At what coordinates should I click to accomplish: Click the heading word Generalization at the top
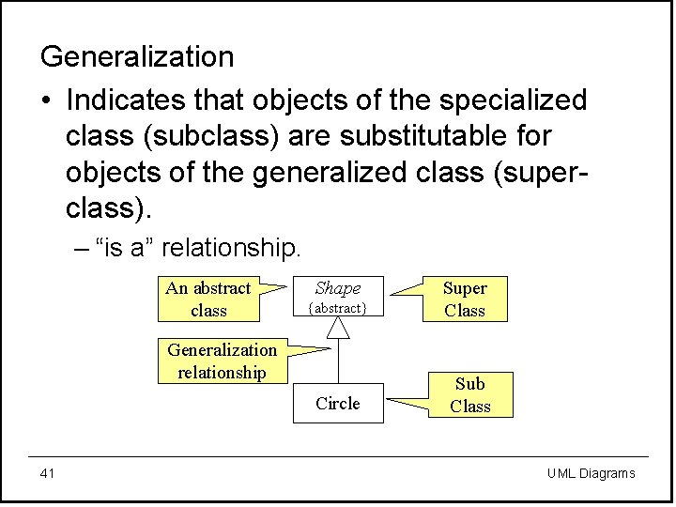[x=137, y=57]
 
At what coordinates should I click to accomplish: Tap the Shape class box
[x=338, y=297]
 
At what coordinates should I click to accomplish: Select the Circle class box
[x=338, y=404]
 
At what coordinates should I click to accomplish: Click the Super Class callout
[x=465, y=300]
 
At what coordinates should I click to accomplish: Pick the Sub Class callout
[x=470, y=395]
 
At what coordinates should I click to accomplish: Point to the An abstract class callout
[x=208, y=300]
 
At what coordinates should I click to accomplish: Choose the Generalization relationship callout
[x=223, y=361]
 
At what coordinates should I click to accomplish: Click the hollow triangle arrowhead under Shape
[x=338, y=327]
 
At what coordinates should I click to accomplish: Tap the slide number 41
[x=48, y=473]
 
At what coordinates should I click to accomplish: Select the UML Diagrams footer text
[x=591, y=473]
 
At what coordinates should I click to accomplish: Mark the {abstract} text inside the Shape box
[x=338, y=308]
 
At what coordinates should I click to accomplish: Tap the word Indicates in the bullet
[x=127, y=99]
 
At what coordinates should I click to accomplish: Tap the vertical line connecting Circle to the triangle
[x=338, y=361]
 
